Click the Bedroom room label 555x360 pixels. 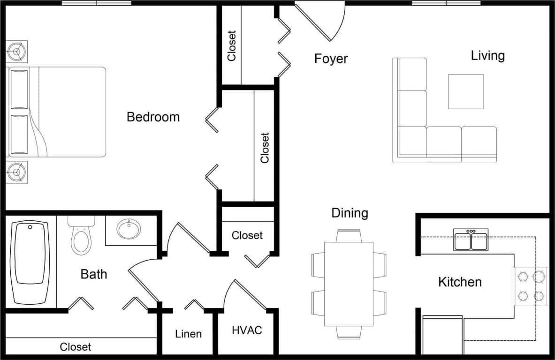click(153, 117)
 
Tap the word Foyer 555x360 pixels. click(331, 59)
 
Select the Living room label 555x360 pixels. click(487, 55)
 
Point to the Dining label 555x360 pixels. click(350, 213)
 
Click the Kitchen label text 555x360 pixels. click(459, 282)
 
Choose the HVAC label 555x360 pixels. click(247, 330)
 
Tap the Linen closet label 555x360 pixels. click(188, 334)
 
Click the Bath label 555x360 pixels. click(94, 274)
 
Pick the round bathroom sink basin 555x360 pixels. click(129, 230)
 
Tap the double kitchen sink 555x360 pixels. click(471, 240)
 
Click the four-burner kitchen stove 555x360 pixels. click(531, 286)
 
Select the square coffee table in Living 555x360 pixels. click(465, 91)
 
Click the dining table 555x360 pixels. click(349, 284)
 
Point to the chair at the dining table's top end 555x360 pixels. click(349, 235)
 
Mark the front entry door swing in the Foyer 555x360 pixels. click(324, 21)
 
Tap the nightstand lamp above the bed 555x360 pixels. click(17, 51)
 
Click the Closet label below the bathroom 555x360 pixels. click(75, 347)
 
